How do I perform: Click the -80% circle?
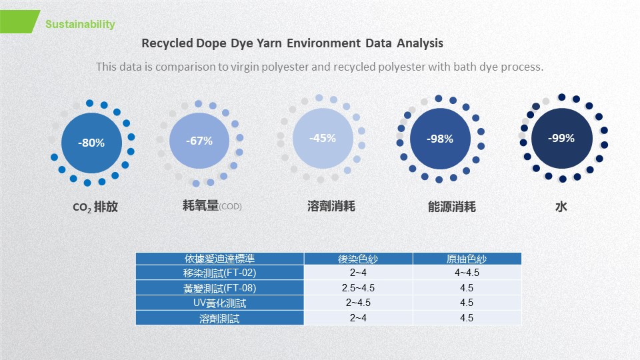92,143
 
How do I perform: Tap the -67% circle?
199,141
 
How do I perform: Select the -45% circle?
323,139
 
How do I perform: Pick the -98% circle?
440,139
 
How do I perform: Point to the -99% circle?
561,139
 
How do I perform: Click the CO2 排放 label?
95,207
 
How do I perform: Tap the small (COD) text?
230,207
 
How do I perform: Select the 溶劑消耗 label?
331,206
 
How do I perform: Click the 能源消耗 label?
452,207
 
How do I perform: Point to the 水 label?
561,207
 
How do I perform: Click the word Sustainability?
80,25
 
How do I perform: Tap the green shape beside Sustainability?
19,21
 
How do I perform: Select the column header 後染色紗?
358,259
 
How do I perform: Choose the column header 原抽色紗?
467,259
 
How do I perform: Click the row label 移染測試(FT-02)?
219,273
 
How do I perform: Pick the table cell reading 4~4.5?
467,273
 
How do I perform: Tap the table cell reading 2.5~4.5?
358,288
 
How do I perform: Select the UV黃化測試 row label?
219,303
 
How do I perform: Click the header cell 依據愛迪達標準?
219,259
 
